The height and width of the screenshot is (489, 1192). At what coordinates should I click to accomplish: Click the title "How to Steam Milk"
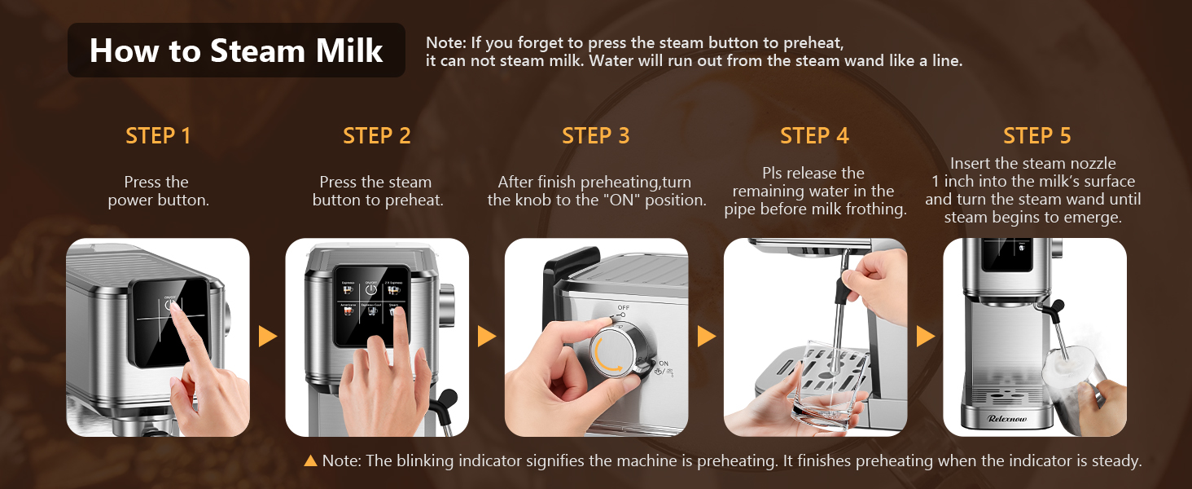236,51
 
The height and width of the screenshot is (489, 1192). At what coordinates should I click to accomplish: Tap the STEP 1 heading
158,135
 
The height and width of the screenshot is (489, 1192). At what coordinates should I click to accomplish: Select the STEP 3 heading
595,135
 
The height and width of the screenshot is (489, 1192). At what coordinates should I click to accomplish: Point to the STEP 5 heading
1036,135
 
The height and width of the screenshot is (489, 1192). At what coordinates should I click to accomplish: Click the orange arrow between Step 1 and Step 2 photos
268,336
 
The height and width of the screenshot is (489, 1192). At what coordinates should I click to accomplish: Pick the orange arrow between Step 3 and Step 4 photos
707,336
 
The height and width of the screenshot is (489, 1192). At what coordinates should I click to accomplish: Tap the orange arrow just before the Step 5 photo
926,336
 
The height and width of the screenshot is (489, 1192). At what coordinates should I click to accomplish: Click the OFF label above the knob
624,307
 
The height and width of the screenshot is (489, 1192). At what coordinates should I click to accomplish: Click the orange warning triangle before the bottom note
310,461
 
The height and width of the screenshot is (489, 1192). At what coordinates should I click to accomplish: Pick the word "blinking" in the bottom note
425,461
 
